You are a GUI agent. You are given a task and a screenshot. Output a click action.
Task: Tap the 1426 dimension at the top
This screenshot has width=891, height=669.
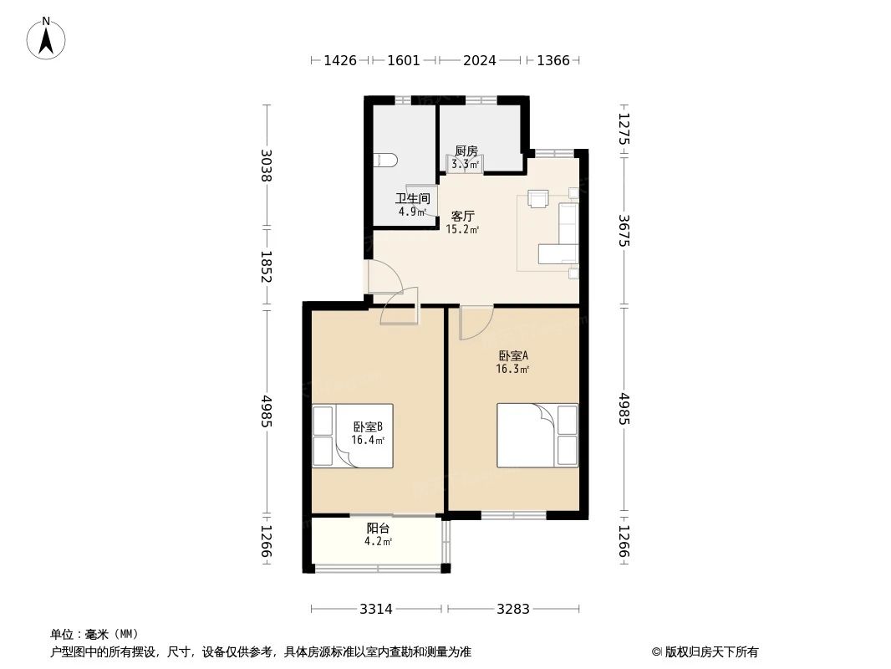340,60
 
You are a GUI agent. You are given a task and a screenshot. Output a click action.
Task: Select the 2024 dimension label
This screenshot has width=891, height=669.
479,60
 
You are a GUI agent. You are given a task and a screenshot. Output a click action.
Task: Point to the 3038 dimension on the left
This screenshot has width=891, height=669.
266,165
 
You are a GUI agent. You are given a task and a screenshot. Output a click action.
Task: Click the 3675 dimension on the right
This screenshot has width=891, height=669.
624,230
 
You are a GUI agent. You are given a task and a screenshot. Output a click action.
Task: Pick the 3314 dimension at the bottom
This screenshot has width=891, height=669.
376,610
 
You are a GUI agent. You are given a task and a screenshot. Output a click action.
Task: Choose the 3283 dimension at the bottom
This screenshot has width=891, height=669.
513,610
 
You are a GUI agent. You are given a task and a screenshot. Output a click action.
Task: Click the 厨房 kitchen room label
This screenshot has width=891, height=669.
466,151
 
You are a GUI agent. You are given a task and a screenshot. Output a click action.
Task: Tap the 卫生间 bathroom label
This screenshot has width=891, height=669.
413,198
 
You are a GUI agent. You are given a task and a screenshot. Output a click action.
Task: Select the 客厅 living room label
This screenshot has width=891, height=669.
462,216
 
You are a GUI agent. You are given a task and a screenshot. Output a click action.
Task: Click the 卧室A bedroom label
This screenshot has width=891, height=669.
513,355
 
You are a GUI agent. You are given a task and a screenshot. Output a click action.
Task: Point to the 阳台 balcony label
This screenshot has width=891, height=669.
378,528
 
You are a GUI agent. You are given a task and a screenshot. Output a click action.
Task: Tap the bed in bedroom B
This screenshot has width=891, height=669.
353,436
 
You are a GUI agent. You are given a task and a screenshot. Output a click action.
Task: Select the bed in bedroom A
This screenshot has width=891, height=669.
537,436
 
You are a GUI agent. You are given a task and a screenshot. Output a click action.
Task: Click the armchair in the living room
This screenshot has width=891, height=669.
537,199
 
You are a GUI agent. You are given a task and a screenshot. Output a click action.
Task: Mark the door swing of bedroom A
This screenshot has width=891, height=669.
476,323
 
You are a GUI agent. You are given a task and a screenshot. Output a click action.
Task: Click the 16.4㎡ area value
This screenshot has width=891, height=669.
368,440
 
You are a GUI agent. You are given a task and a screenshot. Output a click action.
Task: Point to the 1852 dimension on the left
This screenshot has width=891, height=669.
266,267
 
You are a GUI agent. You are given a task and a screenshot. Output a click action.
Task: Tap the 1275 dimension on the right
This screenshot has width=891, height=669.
624,129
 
